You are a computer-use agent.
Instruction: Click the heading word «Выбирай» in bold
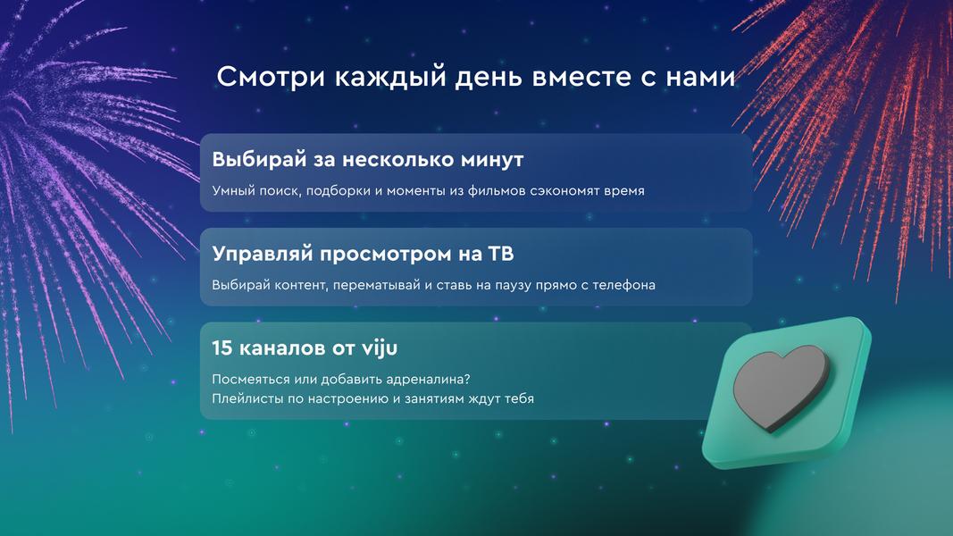pos(260,159)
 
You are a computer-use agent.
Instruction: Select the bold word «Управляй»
pos(262,254)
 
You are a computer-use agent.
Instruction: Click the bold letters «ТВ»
pos(501,254)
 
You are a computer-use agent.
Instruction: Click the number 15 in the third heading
pos(222,348)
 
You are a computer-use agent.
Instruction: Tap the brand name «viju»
pos(380,348)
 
